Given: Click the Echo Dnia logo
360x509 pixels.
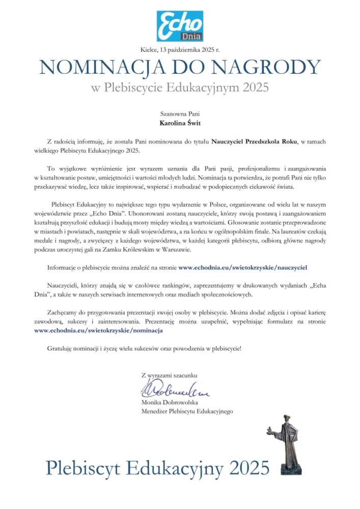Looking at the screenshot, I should [180, 25].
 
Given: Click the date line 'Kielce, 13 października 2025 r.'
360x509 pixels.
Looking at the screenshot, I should [179, 49].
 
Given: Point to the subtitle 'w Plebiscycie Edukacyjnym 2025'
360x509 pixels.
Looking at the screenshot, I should [180, 88].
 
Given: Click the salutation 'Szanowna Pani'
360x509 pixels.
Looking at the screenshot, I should [180, 113].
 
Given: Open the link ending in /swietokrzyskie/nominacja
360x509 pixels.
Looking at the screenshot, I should [98, 330].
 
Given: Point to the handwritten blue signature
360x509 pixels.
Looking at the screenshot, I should [173, 390].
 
